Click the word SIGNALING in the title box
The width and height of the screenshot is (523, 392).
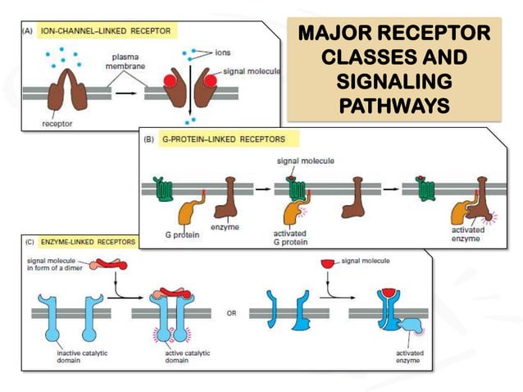tap(393, 82)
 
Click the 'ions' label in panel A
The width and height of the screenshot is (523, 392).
tap(222, 51)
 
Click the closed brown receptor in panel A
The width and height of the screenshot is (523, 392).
tap(70, 88)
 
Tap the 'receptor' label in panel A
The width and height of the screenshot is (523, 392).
tap(56, 125)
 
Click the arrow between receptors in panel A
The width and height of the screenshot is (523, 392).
tap(128, 93)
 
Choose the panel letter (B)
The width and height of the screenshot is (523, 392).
tap(148, 139)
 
